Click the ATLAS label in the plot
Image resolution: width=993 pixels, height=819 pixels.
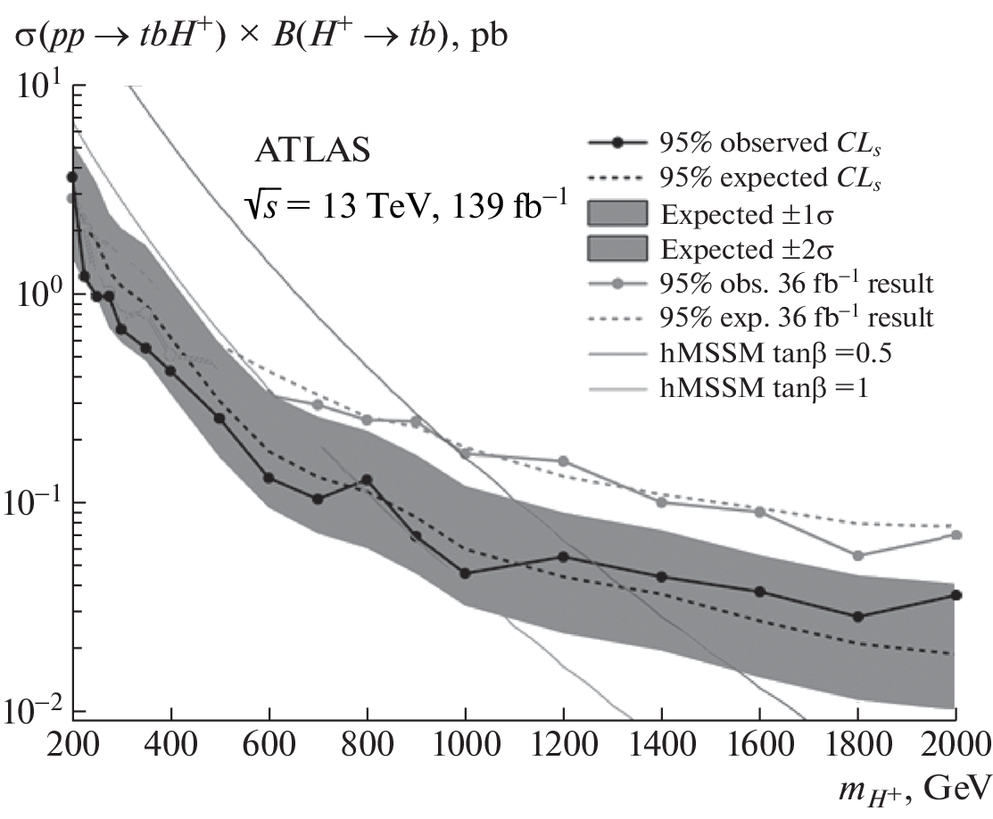310,152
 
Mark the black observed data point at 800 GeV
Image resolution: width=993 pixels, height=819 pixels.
367,480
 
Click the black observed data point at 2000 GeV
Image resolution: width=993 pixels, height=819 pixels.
956,595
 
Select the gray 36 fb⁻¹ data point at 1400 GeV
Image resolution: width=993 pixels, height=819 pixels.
661,502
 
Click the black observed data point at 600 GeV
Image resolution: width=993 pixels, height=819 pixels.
269,478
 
